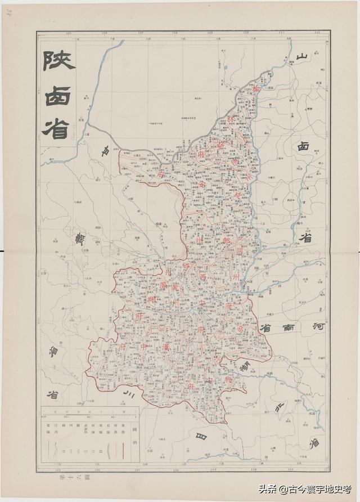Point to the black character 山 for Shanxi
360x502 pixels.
(303, 57)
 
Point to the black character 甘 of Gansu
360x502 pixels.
(105, 151)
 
